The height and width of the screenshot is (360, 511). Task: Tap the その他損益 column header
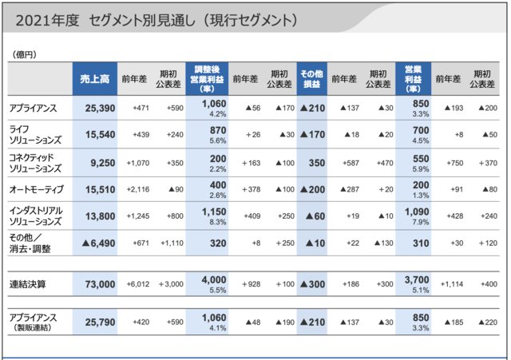point(312,78)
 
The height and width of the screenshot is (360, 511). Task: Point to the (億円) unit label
point(24,53)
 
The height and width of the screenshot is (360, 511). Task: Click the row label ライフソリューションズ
point(36,134)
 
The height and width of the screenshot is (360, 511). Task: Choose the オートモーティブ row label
point(35,189)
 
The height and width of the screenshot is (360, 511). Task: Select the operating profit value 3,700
point(419,279)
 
